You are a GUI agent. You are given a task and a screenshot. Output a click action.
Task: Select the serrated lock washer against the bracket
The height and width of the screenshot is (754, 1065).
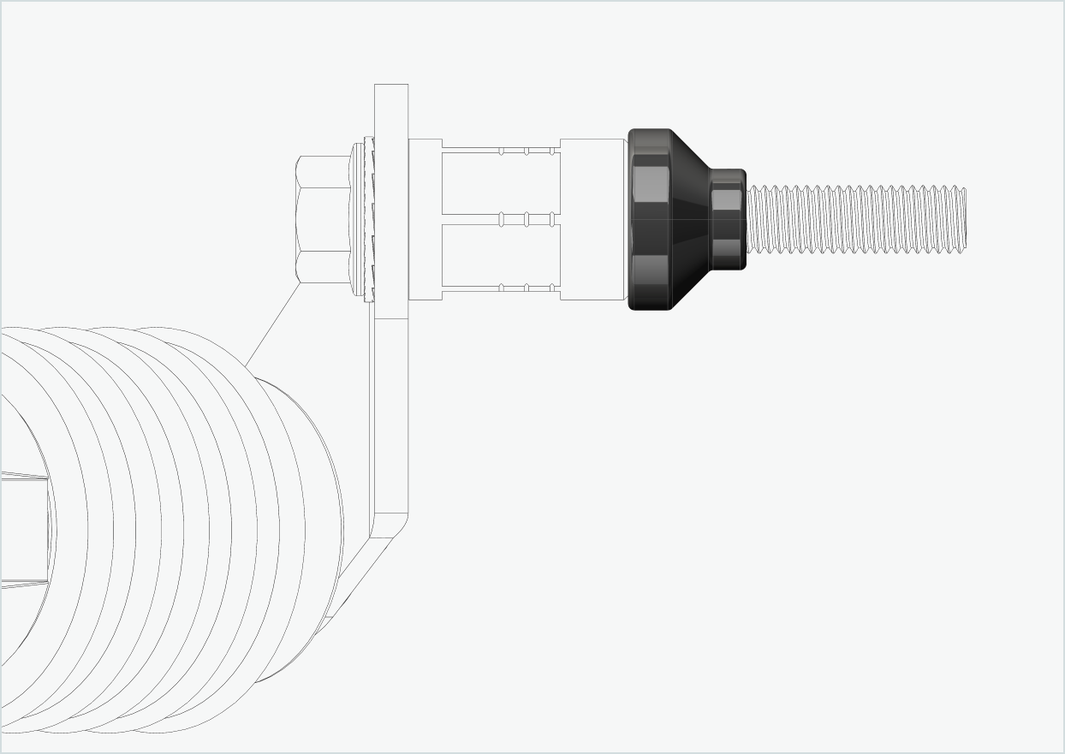pos(369,219)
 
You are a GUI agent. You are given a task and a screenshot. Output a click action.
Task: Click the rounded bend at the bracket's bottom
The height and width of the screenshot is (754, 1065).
pos(396,524)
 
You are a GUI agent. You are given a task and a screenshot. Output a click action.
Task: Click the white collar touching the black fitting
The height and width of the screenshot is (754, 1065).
pos(593,219)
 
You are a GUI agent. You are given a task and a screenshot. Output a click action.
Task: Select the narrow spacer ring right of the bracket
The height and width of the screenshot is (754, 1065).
pos(425,219)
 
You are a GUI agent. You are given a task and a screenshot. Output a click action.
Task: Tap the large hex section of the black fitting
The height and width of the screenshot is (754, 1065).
pos(650,219)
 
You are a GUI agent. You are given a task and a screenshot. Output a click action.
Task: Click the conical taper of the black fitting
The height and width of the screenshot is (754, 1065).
pos(690,219)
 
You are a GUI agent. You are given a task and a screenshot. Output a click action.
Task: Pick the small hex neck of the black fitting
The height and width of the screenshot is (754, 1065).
pos(728,219)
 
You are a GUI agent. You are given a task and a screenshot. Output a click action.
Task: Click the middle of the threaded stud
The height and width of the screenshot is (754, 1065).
pos(856,220)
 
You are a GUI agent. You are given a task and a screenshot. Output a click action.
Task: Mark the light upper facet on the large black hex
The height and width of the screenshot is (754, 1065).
pos(651,182)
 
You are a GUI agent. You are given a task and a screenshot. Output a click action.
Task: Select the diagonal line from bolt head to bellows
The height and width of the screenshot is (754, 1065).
pos(272,324)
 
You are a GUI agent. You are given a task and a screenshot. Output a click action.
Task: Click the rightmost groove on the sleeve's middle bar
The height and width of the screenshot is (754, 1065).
pos(551,220)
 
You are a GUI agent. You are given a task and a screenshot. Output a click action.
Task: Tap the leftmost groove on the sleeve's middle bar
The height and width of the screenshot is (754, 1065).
pos(502,220)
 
